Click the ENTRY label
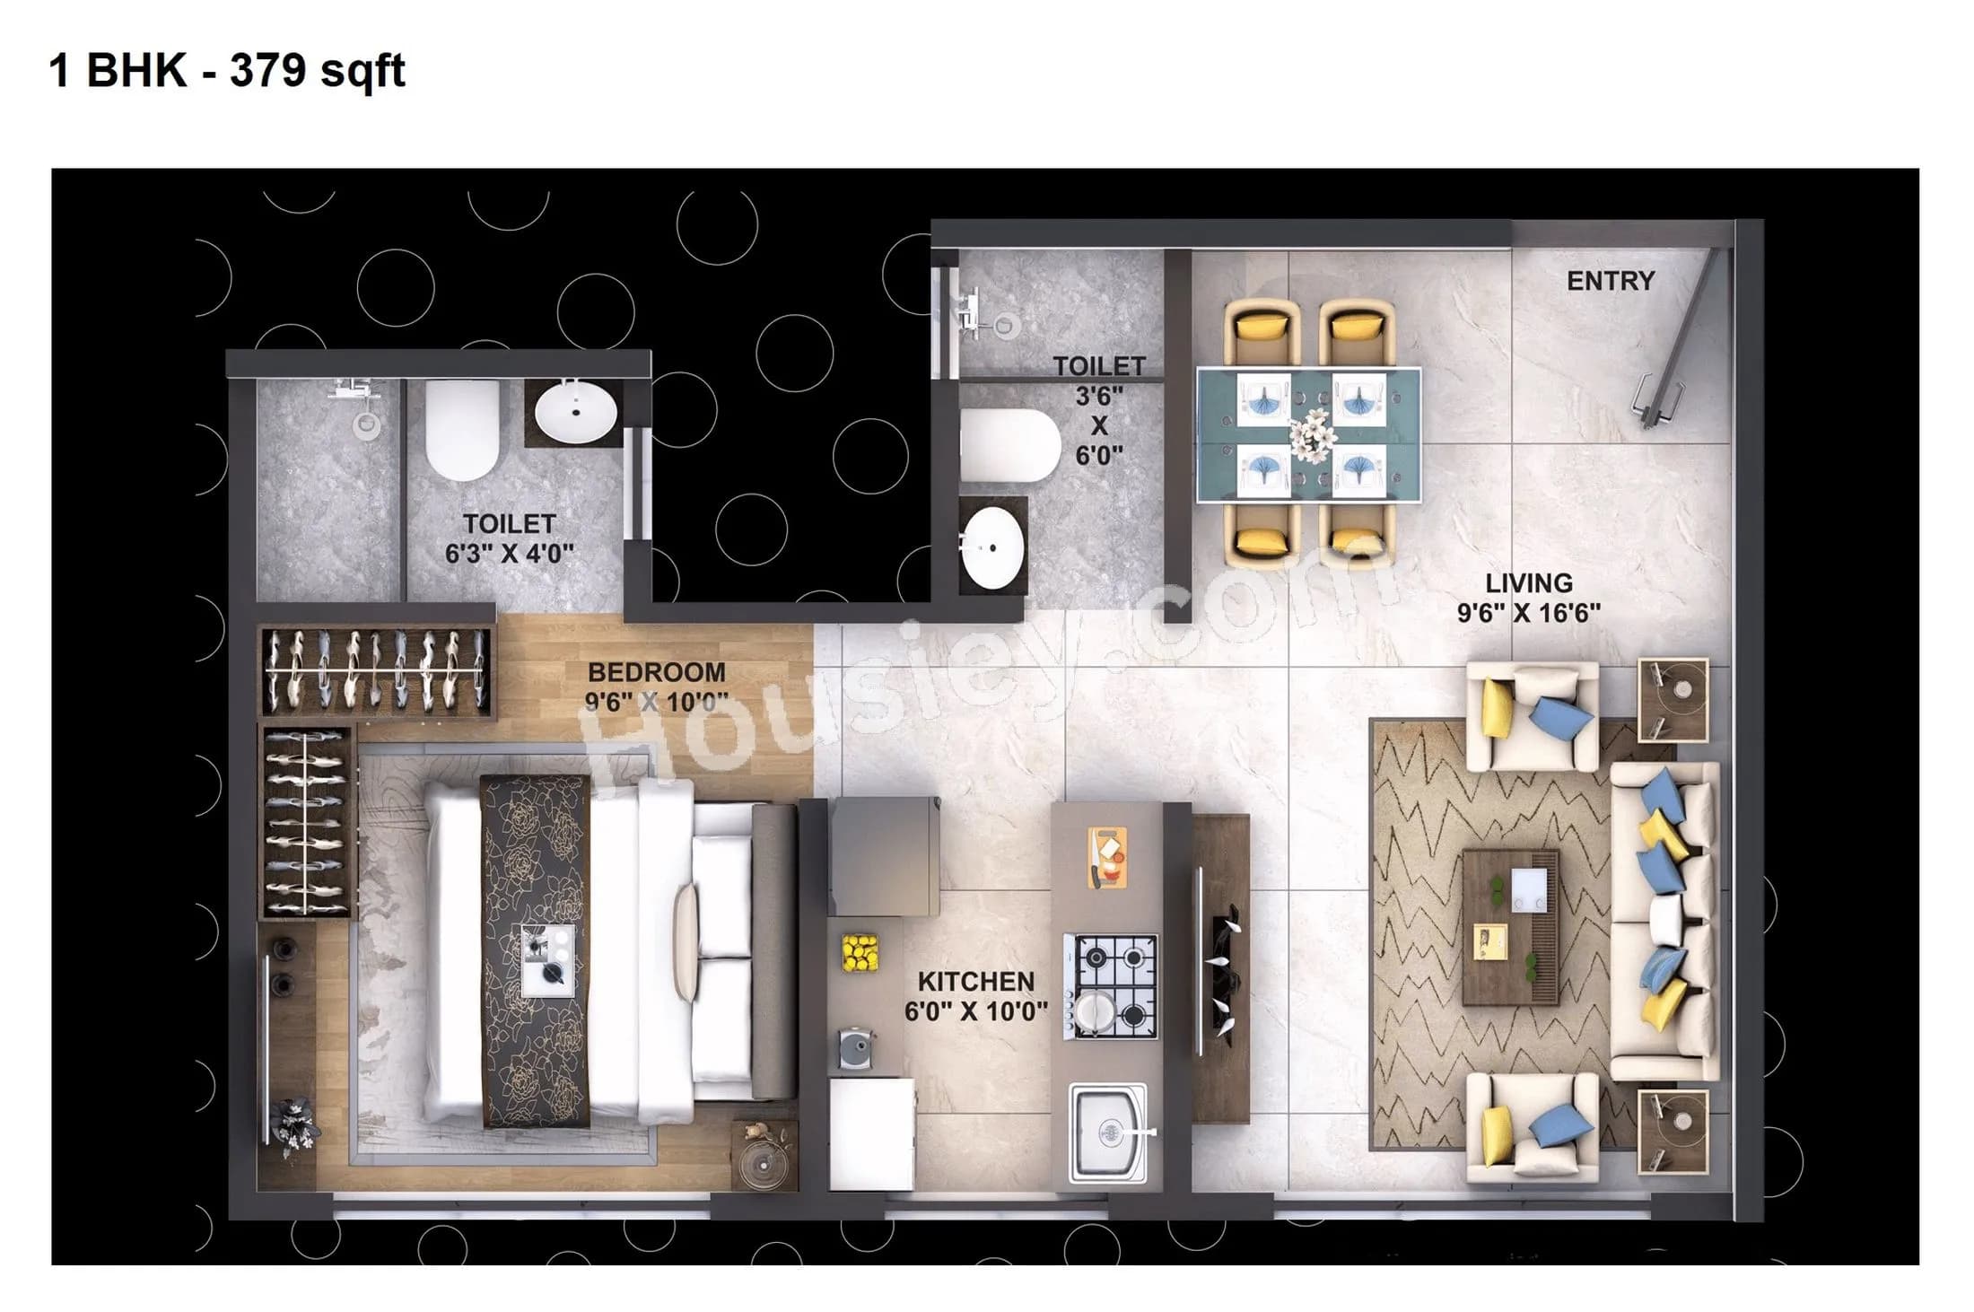[1610, 281]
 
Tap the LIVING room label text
[1528, 583]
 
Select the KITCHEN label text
[975, 981]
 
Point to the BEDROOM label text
[656, 672]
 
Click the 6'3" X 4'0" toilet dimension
[509, 553]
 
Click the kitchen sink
[1109, 1132]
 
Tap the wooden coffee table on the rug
[1510, 927]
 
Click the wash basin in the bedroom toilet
[575, 413]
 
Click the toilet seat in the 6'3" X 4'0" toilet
[461, 429]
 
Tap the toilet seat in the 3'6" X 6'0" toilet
[1009, 446]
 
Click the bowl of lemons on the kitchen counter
[860, 952]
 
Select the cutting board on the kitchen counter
[1107, 857]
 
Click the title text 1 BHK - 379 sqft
[227, 70]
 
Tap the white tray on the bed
[546, 960]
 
